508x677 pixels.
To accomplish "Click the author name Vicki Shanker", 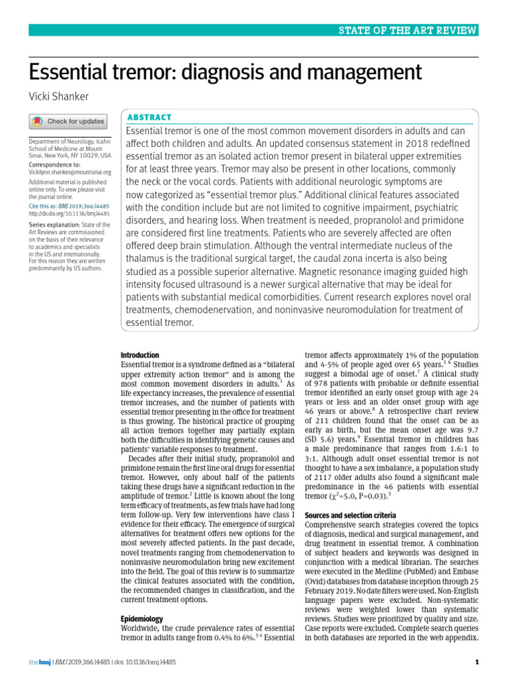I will click(x=58, y=97).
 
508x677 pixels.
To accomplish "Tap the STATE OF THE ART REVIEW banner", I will click(x=408, y=30).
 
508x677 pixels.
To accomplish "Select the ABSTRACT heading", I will click(x=149, y=117).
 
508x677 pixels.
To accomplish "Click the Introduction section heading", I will click(x=140, y=355).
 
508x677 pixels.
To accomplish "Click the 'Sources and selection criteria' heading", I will click(x=350, y=515).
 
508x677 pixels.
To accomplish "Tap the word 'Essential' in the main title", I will click(x=72, y=71).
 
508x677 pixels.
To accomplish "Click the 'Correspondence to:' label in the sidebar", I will click(x=54, y=164).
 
